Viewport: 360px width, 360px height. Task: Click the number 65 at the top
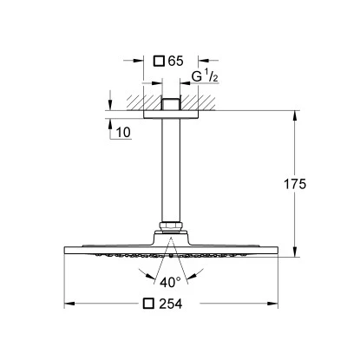pyautogui.click(x=175, y=62)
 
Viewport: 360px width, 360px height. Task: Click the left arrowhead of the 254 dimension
pyautogui.click(x=69, y=304)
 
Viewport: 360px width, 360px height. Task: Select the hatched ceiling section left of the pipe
pyautogui.click(x=138, y=100)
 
